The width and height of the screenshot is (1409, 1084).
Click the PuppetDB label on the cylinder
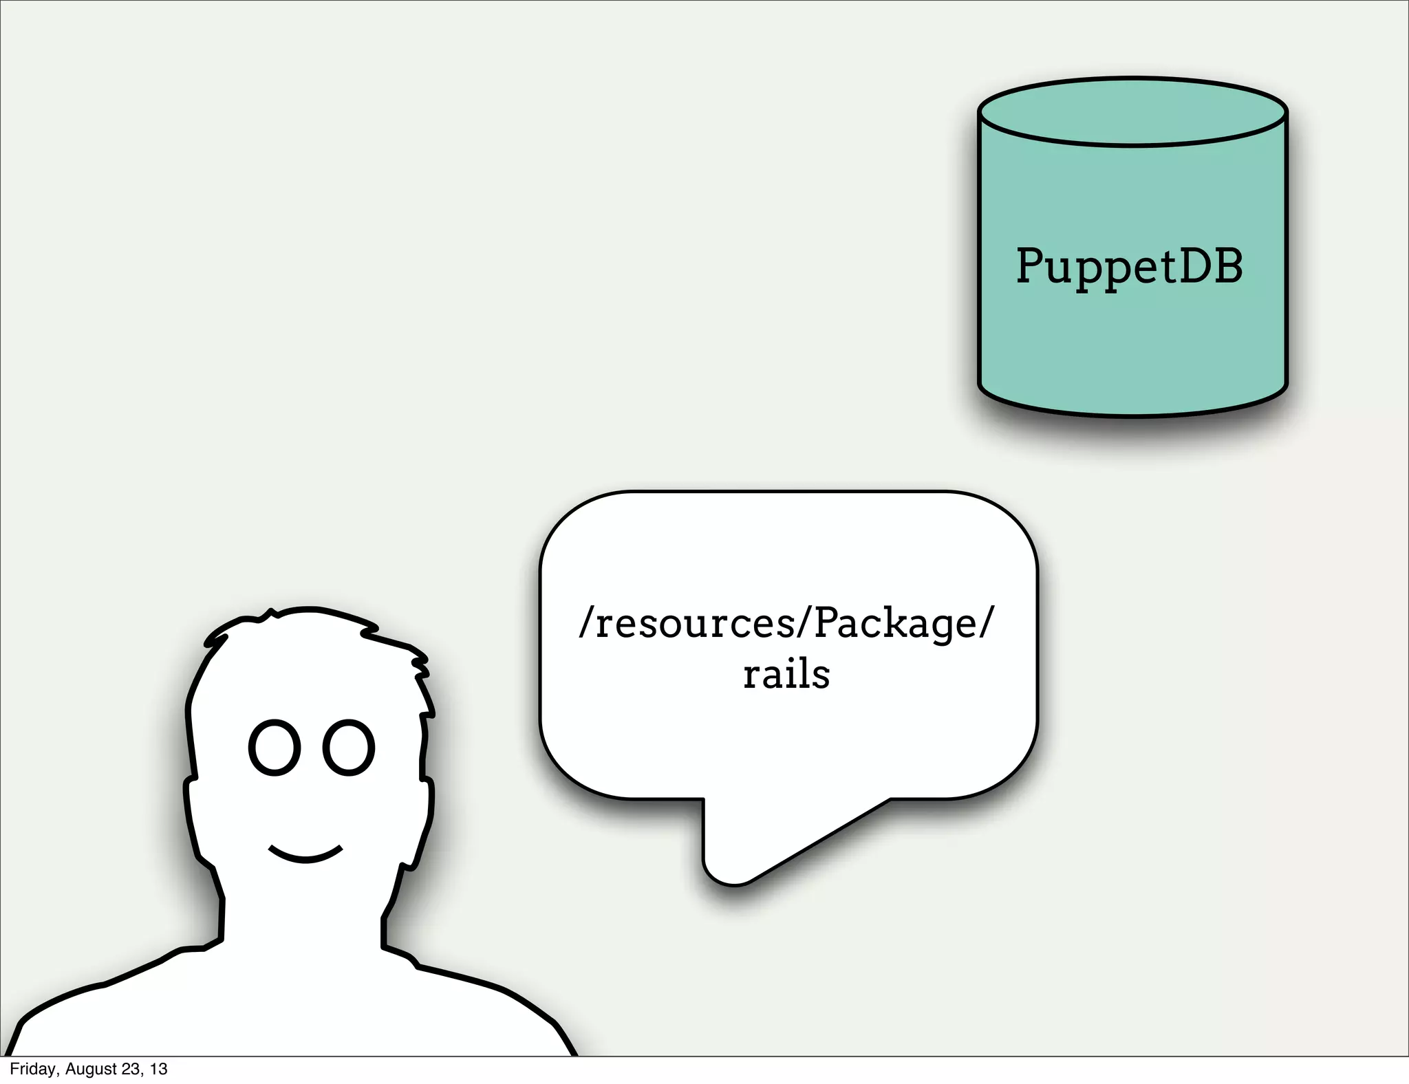pos(1130,267)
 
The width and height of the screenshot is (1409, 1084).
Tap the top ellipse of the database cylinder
pos(1132,111)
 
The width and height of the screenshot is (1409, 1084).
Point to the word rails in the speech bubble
pos(786,674)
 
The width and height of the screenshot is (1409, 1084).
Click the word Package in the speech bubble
pos(895,623)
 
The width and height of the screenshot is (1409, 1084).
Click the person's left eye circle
pos(275,748)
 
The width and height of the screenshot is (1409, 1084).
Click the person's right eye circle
pos(349,748)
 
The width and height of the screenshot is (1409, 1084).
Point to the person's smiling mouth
pos(305,855)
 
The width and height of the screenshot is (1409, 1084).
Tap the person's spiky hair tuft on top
pos(272,613)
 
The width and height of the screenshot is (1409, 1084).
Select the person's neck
pos(303,915)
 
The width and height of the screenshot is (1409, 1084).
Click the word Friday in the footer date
pos(33,1069)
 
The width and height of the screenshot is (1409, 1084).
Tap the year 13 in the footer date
pos(159,1069)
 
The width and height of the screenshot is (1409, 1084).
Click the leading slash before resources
pos(586,622)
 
